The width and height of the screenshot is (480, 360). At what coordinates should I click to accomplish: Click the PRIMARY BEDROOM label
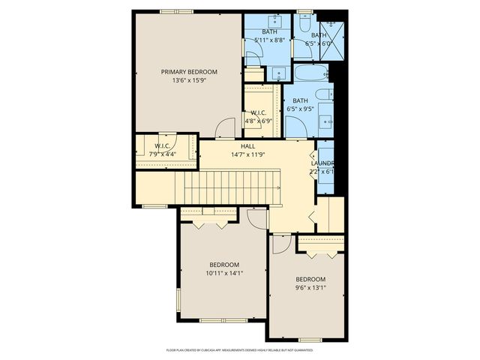[189, 72]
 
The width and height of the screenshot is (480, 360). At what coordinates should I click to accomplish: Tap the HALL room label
[248, 146]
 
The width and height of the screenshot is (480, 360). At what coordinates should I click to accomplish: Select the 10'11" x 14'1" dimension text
[224, 274]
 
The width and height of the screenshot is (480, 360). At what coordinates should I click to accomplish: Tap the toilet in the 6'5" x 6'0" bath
[305, 24]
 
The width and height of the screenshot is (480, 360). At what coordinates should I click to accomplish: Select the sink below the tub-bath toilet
[326, 120]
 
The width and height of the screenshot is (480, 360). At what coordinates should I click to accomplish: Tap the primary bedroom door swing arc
[224, 128]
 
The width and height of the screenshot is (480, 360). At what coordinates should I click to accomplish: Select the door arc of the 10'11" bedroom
[257, 218]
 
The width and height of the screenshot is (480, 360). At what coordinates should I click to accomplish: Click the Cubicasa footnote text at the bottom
[239, 349]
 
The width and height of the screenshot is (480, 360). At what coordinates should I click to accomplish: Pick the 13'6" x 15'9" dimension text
[189, 80]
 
